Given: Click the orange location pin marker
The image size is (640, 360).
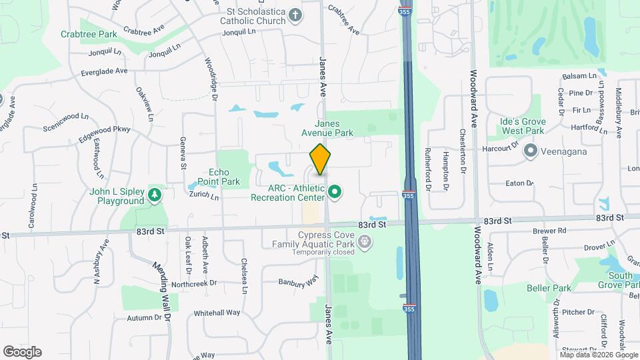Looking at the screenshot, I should (x=320, y=159).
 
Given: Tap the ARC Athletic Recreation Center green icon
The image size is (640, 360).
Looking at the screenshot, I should (x=335, y=193).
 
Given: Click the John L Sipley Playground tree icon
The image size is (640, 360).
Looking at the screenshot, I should (x=155, y=194).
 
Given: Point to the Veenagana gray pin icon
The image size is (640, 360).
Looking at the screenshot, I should (x=531, y=151).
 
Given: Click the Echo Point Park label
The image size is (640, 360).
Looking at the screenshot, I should (x=223, y=177).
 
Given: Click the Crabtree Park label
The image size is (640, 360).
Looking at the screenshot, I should (x=89, y=33).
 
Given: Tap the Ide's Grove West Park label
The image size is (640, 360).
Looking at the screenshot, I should (x=523, y=126).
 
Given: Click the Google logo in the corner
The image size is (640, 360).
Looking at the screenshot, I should (x=22, y=352).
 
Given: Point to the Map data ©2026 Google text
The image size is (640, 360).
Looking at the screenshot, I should (x=599, y=355).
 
